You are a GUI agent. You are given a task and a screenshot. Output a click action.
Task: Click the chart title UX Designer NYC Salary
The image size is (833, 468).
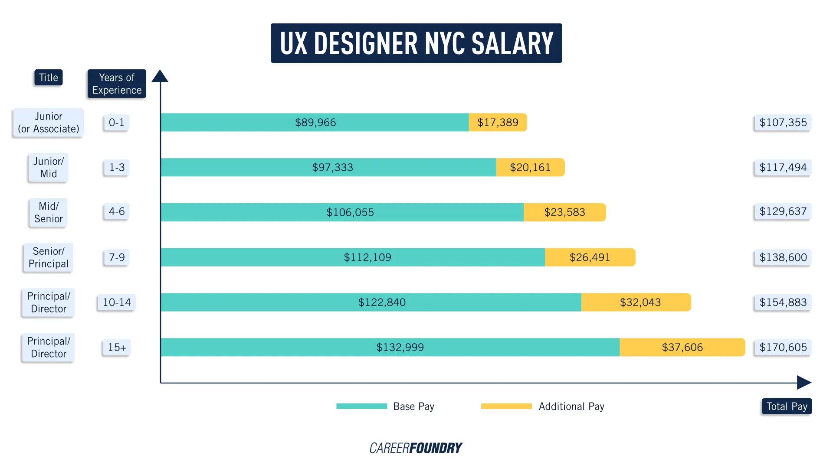coord(416,43)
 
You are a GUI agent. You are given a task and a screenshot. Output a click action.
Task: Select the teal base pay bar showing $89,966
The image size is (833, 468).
coord(315,122)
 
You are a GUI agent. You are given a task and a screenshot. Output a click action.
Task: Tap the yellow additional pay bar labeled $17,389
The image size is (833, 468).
coord(498,122)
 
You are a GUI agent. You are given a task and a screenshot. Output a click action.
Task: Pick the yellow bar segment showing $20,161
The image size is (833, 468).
coord(530,167)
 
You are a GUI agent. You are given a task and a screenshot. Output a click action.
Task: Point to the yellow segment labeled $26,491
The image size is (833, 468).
coord(590,257)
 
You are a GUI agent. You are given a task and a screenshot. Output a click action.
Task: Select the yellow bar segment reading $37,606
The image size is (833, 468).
coord(682,347)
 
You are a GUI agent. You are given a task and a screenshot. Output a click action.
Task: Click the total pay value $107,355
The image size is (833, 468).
coord(783,123)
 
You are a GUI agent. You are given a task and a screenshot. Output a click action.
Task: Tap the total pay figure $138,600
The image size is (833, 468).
coord(783,257)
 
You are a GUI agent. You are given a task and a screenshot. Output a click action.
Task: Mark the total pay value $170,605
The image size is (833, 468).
coord(783,347)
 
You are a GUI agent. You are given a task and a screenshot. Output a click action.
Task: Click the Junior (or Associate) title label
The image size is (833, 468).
coord(48,123)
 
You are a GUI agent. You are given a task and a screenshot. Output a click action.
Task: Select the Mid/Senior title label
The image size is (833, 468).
coord(48,212)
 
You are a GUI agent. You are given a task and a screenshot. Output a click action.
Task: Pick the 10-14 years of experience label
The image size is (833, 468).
coord(117,302)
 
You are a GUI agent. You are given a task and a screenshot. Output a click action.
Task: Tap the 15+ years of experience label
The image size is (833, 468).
coord(117,347)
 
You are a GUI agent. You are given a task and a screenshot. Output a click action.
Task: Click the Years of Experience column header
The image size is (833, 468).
coord(117,84)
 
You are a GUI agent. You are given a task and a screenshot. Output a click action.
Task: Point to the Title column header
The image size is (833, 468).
coord(48,78)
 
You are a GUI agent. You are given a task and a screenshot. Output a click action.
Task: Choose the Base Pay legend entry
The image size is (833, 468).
coord(385,406)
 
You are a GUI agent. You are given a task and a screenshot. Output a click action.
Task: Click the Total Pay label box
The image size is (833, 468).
coord(786,406)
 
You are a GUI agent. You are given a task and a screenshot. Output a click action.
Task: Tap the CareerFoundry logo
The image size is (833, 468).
coord(416,448)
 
